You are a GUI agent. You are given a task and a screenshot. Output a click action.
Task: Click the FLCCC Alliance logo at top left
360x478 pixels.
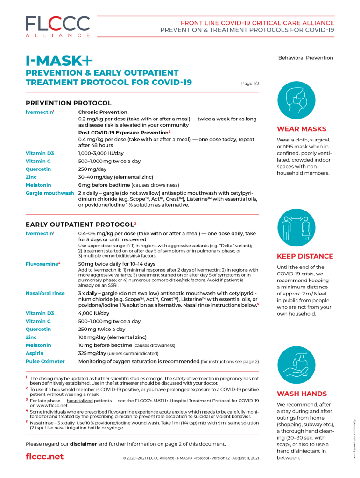(x=58, y=27)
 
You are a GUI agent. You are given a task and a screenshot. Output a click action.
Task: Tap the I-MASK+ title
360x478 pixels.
(x=59, y=60)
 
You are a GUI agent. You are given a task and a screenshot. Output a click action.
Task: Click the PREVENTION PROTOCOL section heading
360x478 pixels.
(x=69, y=103)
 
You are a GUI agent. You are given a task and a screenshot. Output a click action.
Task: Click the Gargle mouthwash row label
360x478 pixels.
(x=50, y=193)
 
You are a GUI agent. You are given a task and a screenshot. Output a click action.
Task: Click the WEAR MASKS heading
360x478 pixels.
(x=302, y=129)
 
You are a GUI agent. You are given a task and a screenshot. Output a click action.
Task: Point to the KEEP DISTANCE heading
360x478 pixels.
(x=305, y=256)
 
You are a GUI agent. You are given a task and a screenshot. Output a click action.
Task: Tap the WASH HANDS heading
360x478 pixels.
(x=302, y=394)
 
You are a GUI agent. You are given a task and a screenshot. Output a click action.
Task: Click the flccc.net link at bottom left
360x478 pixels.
(x=44, y=456)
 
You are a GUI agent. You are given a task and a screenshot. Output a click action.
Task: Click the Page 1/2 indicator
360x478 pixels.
(x=250, y=84)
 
